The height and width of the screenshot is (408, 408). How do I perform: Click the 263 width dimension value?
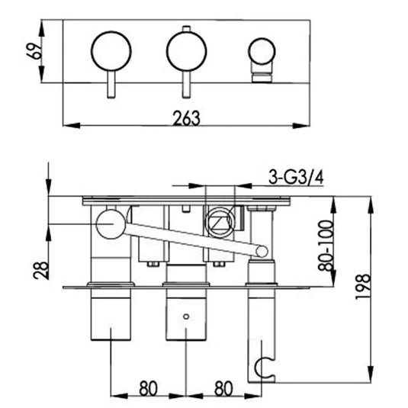click(x=185, y=117)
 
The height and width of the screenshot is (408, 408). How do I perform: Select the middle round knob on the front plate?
click(x=185, y=51)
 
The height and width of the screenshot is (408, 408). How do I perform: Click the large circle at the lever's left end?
click(x=110, y=224)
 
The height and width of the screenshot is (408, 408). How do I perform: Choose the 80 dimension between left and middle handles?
click(x=149, y=387)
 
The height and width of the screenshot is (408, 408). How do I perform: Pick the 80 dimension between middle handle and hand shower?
click(x=223, y=387)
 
